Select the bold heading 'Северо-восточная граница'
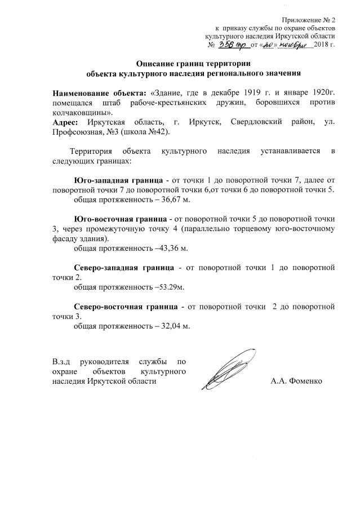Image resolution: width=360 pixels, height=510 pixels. [x=126, y=307]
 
